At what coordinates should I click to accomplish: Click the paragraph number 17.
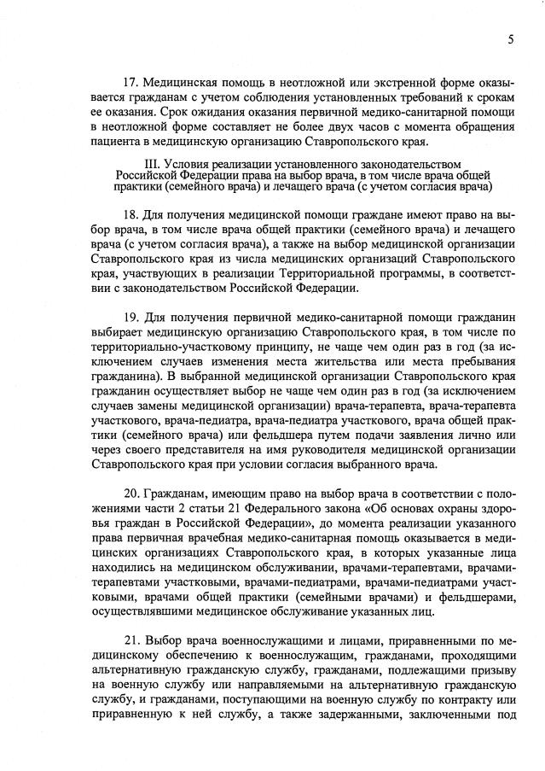[131, 85]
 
